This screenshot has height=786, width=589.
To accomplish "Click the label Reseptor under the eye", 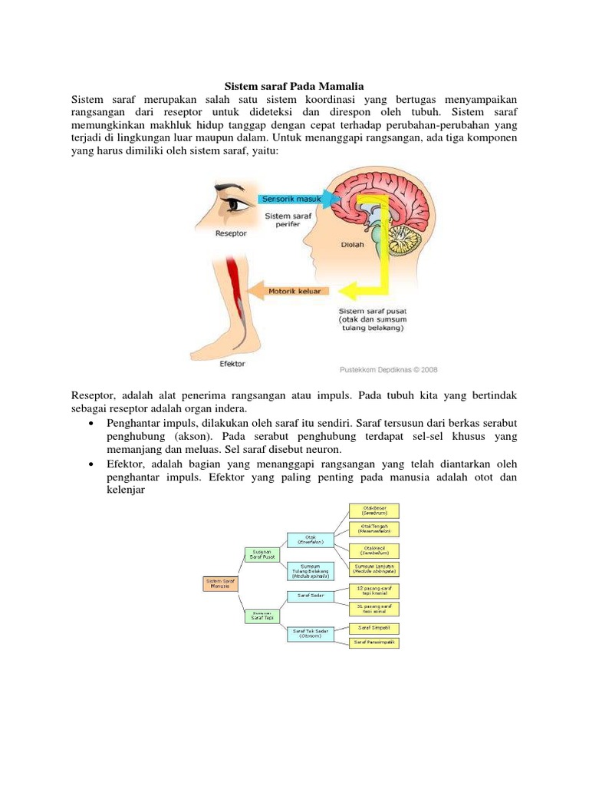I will point(231,233).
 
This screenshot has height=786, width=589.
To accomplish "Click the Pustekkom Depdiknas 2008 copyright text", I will point(388,369).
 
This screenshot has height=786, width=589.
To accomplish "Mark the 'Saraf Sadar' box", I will point(311,595).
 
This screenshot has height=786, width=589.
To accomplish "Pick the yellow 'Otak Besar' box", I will point(373,510).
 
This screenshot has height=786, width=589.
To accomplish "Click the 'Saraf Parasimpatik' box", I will point(373,642).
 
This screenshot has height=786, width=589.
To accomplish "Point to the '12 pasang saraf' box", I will point(373,590).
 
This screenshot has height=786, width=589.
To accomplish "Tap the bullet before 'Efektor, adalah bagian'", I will point(92,464).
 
